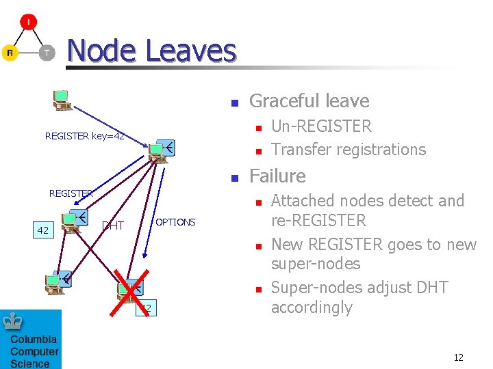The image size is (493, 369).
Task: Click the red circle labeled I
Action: tap(28, 22)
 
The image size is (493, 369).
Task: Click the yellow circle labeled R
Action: tap(10, 53)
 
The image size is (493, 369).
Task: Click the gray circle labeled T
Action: tap(47, 53)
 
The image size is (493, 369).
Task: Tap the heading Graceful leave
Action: tap(309, 101)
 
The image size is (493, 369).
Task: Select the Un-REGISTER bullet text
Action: tap(321, 126)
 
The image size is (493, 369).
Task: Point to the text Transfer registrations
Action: tap(349, 149)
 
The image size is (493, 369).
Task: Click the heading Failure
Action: tap(277, 176)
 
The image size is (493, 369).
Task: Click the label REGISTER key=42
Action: tap(84, 136)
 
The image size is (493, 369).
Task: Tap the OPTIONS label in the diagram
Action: tap(175, 222)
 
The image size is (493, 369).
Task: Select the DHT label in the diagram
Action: tap(113, 226)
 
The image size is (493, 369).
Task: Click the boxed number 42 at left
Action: tap(42, 230)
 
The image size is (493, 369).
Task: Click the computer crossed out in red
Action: tap(129, 290)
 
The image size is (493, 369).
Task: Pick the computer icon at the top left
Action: tap(62, 100)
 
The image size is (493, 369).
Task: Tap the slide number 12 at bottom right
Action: tap(459, 357)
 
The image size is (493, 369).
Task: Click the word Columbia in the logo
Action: tap(34, 340)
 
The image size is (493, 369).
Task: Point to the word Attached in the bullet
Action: tap(299, 201)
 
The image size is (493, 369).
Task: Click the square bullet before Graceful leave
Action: tap(233, 103)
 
